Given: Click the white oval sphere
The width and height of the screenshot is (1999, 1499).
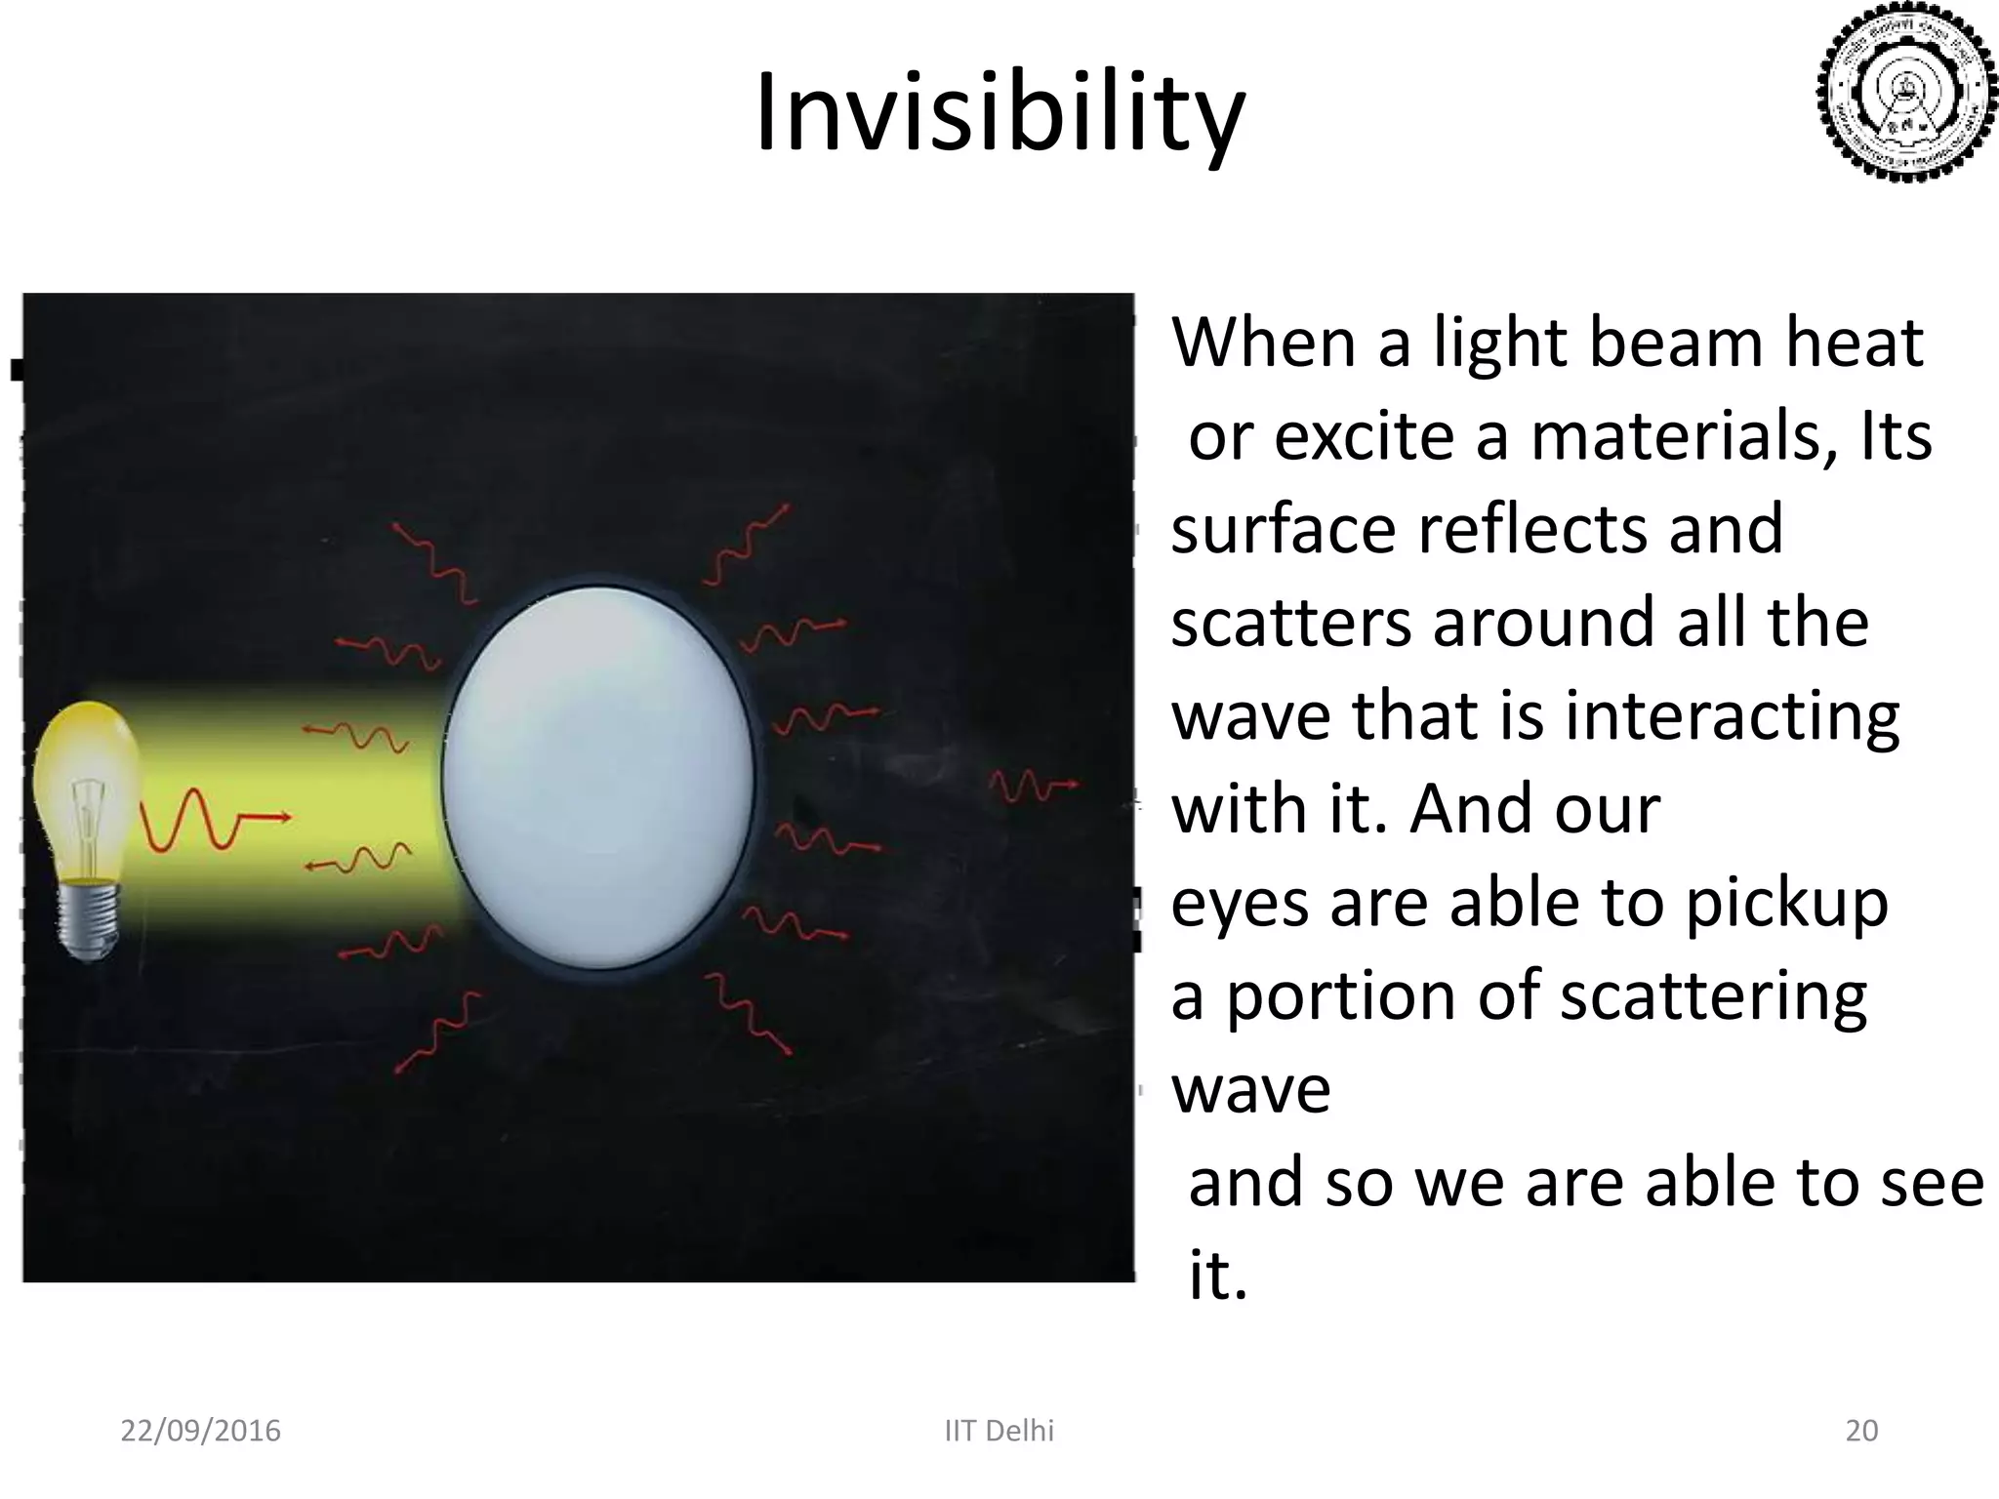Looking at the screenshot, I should tap(598, 776).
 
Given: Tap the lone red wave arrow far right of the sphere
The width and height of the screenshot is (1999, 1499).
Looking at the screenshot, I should tap(1033, 784).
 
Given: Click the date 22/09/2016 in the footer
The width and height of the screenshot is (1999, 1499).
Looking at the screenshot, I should tap(200, 1431).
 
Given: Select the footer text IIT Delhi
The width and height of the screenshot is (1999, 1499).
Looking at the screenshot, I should tap(999, 1431).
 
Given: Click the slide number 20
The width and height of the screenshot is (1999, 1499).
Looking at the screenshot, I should tap(1861, 1431).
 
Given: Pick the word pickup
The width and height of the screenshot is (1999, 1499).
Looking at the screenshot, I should tap(1785, 904).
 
